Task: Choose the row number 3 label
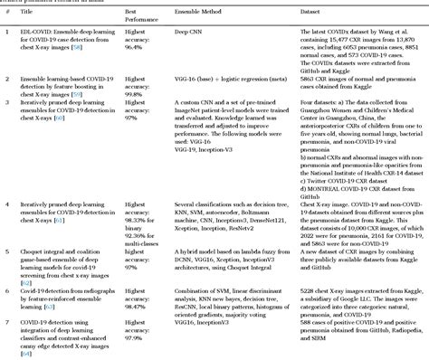6,109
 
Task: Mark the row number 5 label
6,255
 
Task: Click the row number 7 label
6,321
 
